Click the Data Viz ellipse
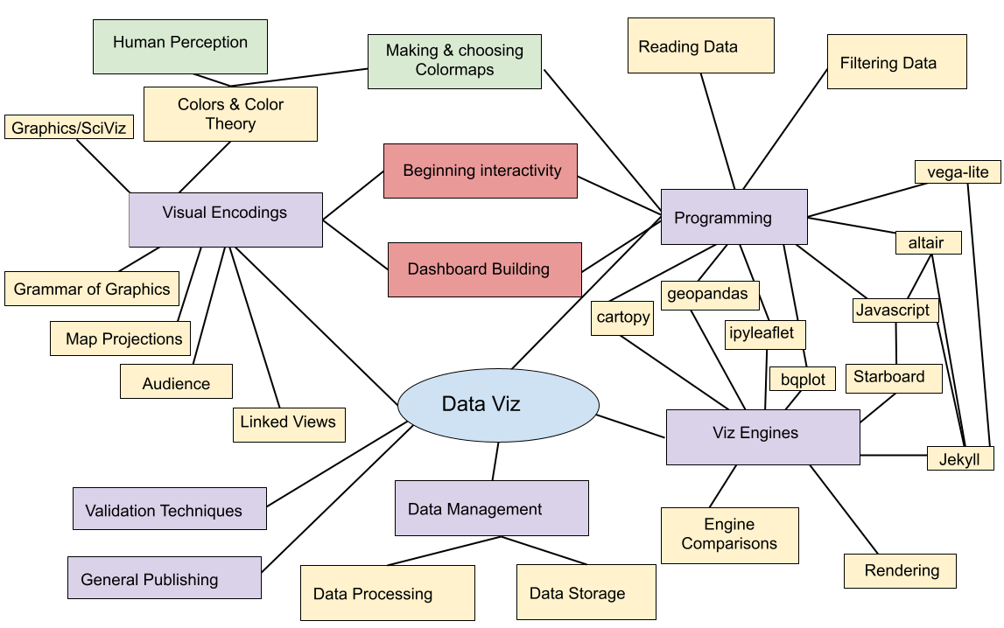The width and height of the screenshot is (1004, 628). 498,404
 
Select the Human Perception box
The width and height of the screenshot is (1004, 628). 180,46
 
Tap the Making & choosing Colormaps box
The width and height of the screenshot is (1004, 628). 454,61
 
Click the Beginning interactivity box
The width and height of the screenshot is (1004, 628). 481,171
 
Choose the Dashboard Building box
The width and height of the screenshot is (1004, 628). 485,269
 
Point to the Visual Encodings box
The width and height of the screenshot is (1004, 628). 225,220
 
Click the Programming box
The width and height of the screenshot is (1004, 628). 734,217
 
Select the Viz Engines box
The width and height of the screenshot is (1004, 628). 762,436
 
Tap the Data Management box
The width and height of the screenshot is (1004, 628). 491,508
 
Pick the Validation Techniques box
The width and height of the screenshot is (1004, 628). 170,509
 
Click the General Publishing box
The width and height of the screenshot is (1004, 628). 165,578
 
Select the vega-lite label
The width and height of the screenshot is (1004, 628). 958,171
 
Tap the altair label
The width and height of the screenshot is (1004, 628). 928,242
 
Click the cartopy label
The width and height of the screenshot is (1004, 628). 623,317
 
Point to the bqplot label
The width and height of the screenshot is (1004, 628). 803,380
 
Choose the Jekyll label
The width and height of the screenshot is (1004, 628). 959,458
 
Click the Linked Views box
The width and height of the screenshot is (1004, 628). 288,424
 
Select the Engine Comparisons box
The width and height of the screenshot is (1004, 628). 729,534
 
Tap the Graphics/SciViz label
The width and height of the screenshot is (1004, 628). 69,128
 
